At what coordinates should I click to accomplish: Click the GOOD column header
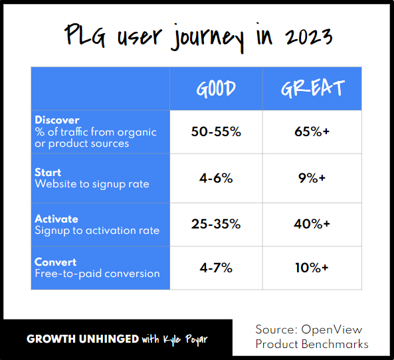[x=216, y=89]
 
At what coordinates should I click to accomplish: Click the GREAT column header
[x=312, y=89]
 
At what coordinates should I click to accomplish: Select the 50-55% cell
[x=216, y=132]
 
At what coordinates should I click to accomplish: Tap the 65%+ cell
[x=312, y=132]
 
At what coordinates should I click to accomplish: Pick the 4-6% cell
[x=216, y=178]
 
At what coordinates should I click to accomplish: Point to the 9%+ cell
[x=312, y=178]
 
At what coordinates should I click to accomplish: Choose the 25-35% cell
[x=216, y=225]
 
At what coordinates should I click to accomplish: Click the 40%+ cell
[x=312, y=225]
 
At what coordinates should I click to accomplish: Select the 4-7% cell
[x=216, y=267]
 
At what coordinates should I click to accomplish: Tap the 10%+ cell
[x=312, y=267]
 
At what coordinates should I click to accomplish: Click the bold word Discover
[x=56, y=120]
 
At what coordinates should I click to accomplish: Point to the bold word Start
[x=48, y=173]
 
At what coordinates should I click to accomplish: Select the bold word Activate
[x=56, y=219]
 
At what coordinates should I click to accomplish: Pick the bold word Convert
[x=56, y=262]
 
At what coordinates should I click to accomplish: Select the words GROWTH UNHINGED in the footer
[x=82, y=339]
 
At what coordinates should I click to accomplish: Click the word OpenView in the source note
[x=332, y=330]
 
